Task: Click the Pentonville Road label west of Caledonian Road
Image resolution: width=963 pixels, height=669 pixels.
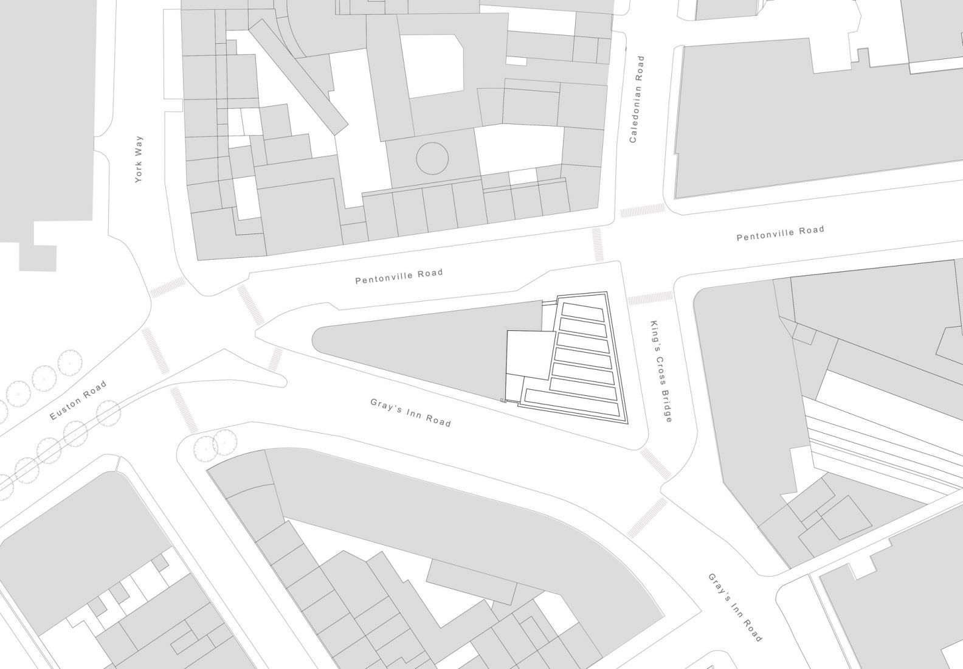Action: (399, 277)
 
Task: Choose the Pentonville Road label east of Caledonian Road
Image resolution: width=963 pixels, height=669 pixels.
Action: (780, 233)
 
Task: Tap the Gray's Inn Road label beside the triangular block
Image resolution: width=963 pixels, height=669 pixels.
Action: (411, 412)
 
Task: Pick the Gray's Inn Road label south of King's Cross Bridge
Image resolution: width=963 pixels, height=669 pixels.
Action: (734, 607)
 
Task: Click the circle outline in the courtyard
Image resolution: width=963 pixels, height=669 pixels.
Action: (432, 159)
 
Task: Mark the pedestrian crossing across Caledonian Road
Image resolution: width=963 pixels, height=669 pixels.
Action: (643, 211)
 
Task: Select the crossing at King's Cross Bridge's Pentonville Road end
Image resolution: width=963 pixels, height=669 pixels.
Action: (650, 298)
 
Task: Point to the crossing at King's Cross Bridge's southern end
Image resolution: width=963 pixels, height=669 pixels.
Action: (655, 463)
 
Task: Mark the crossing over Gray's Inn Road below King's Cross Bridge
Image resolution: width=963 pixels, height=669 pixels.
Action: (646, 516)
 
